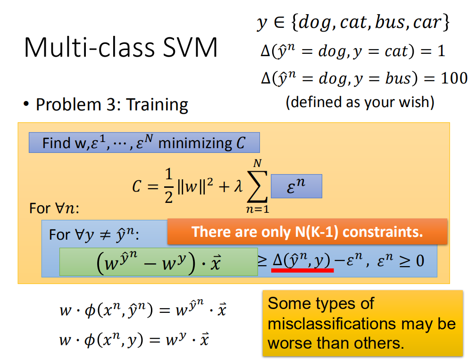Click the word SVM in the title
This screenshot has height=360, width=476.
[x=190, y=47]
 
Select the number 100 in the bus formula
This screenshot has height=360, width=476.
[x=454, y=78]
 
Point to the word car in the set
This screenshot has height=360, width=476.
[x=427, y=22]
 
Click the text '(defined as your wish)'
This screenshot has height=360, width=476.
[x=360, y=102]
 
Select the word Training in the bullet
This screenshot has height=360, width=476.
[x=157, y=105]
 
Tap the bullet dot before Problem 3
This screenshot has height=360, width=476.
[x=26, y=104]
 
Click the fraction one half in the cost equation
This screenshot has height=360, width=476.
[x=169, y=186]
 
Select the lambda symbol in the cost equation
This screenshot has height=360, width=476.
[x=238, y=186]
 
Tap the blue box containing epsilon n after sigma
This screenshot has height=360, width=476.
[x=296, y=186]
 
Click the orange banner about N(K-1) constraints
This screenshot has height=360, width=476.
[x=307, y=232]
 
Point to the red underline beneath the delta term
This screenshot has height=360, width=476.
[x=302, y=270]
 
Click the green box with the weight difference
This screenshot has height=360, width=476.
[x=159, y=262]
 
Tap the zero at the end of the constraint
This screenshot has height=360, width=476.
[x=420, y=261]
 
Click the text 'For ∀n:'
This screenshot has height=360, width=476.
[x=54, y=209]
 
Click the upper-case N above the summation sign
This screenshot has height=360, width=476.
[x=258, y=163]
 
